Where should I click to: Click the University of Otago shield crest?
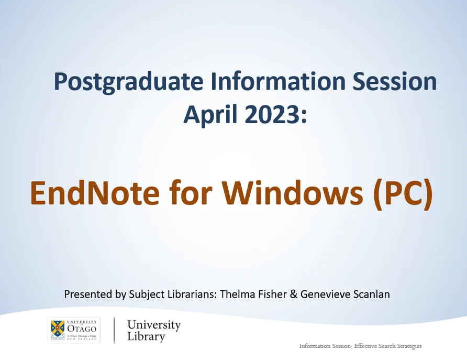click(x=58, y=330)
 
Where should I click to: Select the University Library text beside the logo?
click(x=153, y=330)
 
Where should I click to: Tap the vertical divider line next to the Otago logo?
click(x=114, y=330)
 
